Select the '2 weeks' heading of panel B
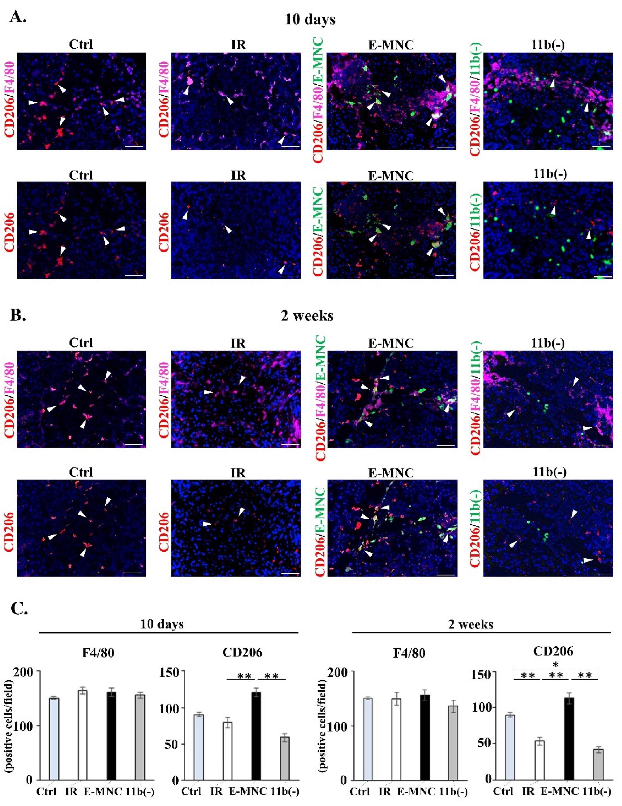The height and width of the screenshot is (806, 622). pos(307,316)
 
